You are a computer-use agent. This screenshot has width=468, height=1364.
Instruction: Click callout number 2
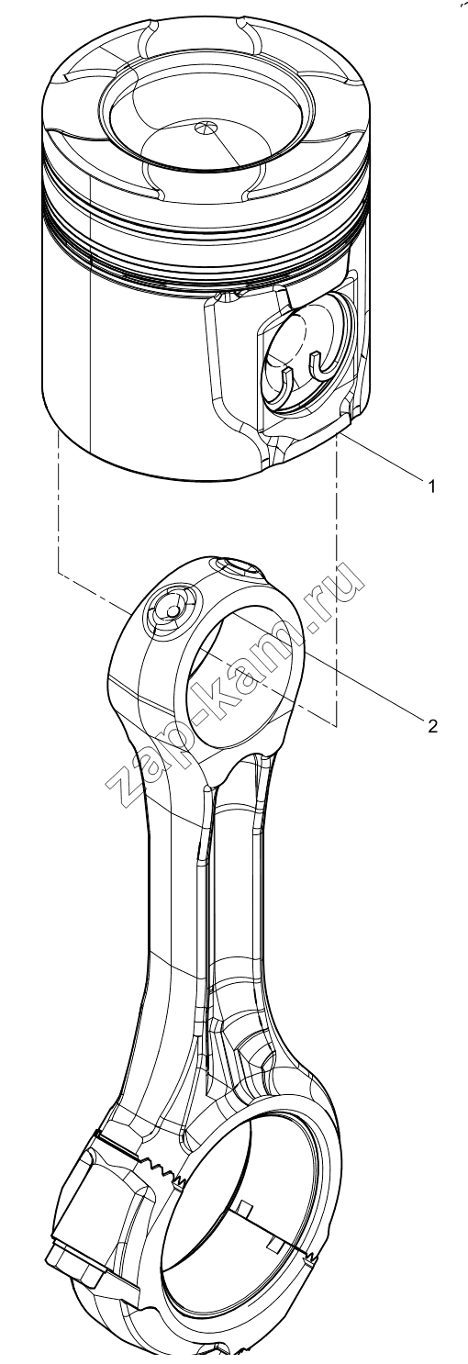[x=433, y=725]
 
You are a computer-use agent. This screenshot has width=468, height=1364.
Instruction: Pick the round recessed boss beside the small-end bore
[x=171, y=610]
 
